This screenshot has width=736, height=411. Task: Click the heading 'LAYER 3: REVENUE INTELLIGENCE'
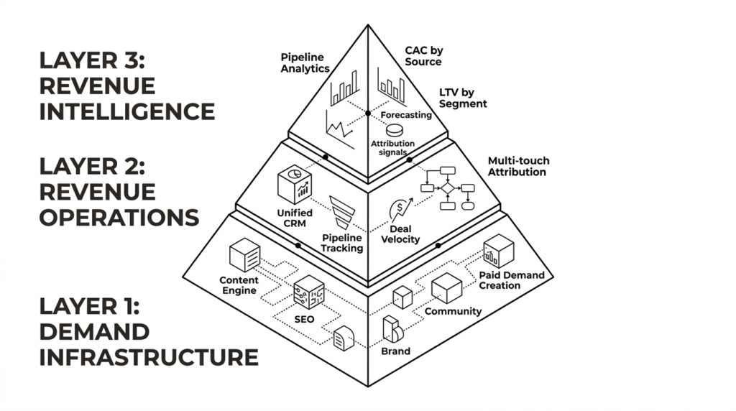click(x=126, y=86)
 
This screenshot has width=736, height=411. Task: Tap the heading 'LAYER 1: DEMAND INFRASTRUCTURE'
click(x=148, y=331)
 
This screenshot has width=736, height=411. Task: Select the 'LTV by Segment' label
click(x=463, y=98)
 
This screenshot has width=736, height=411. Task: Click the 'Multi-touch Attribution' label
click(x=517, y=166)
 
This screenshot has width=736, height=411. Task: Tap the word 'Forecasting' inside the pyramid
click(x=406, y=115)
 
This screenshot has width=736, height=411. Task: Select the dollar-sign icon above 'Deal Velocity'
click(x=397, y=209)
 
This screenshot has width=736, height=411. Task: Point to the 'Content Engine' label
click(x=238, y=285)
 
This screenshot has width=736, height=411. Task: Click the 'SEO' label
click(x=304, y=318)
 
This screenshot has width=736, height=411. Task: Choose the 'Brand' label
click(x=395, y=351)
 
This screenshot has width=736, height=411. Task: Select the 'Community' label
click(x=453, y=311)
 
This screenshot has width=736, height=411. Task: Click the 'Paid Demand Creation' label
click(x=511, y=280)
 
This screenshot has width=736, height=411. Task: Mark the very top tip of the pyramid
click(x=368, y=26)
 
